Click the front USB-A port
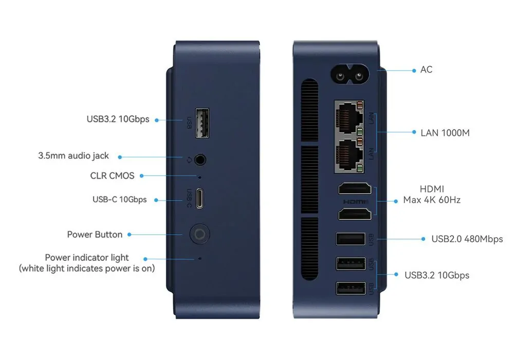coord(202,123)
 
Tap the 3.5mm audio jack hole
coord(200,160)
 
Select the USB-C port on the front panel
coord(199,199)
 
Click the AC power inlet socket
coord(350,75)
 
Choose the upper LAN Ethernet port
coord(350,118)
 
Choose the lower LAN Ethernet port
coord(350,155)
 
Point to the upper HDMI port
coord(355,189)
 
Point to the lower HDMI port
coord(355,214)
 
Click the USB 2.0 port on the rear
coord(351,239)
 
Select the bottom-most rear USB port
coord(351,289)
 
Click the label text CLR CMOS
coord(112,176)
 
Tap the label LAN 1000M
coord(445,133)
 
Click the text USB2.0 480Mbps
coord(467,239)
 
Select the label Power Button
coord(95,235)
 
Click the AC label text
coord(426,69)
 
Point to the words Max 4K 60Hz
coord(432,200)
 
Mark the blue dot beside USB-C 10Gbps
coord(156,200)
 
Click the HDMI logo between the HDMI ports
coord(356,202)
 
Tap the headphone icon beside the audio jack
coord(189,160)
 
